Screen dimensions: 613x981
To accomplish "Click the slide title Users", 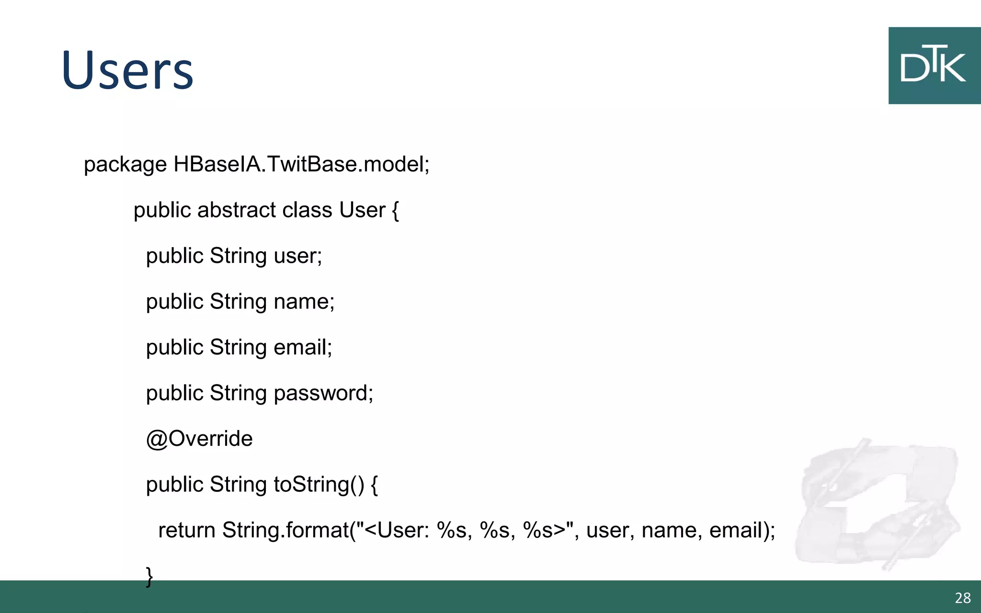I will click(127, 71).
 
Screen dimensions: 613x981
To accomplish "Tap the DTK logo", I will click(934, 66).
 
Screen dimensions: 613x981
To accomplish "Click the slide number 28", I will click(962, 598).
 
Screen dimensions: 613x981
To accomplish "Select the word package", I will click(125, 165).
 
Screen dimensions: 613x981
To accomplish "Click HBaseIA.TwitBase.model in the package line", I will click(301, 164).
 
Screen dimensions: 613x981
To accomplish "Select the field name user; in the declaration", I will click(297, 256).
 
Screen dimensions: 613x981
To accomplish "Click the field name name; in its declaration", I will click(304, 302).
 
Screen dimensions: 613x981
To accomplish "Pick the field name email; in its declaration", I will click(302, 347).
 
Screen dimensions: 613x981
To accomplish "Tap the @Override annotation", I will click(199, 439).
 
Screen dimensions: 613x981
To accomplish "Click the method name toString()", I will click(319, 485).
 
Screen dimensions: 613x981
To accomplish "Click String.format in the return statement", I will click(285, 531).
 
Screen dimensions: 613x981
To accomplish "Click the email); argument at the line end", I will click(742, 531).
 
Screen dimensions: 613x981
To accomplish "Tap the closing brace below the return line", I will click(149, 576).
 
